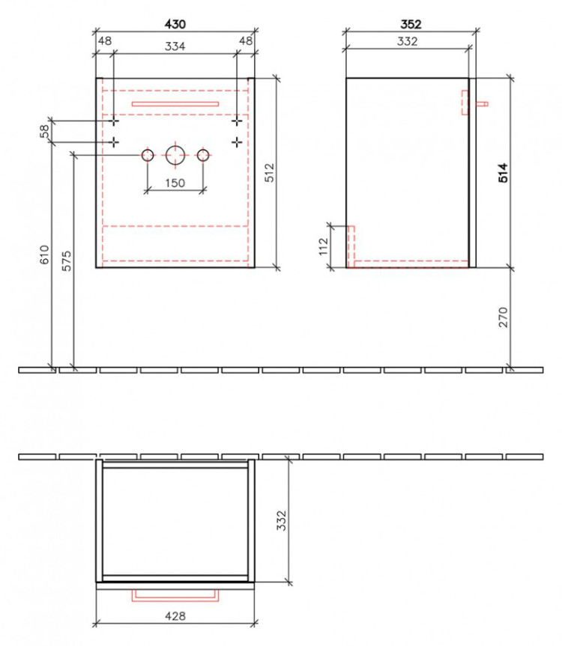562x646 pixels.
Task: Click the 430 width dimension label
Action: point(175,24)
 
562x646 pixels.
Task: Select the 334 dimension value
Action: point(175,46)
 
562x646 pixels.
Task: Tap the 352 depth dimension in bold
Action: point(411,24)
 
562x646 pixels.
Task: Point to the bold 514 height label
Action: point(503,173)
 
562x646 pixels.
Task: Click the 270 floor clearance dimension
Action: point(503,317)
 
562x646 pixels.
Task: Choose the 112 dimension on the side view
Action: point(324,246)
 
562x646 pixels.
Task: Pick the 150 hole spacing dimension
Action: point(175,183)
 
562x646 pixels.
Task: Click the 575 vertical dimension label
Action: point(67,260)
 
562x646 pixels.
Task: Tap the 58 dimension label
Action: point(44,131)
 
